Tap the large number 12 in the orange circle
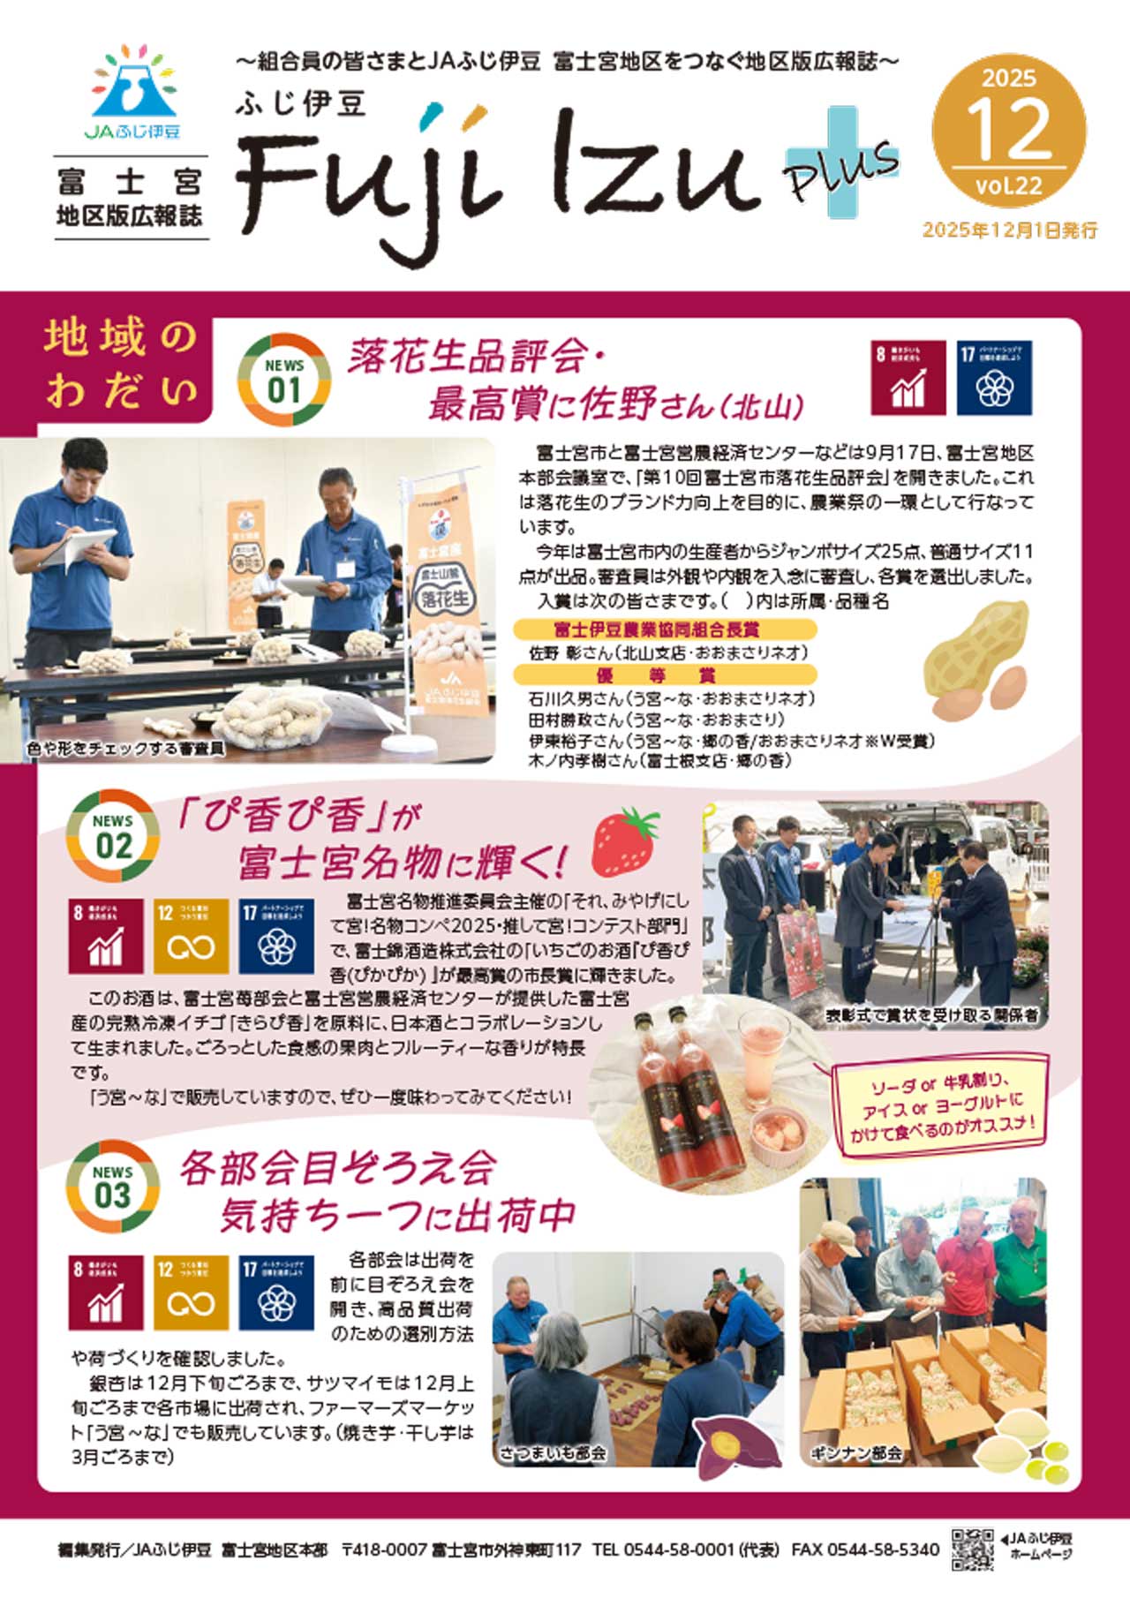(1009, 129)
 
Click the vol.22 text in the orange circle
(1009, 186)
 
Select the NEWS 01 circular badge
(284, 380)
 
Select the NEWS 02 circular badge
(113, 836)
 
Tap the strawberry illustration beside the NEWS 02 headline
(625, 840)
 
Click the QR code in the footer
(972, 1549)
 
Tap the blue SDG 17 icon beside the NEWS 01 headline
(994, 378)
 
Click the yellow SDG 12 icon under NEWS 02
(191, 936)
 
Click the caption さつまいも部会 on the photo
(554, 1451)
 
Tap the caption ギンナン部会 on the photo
(855, 1451)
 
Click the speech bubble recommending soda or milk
(941, 1105)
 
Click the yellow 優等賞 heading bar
(666, 675)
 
